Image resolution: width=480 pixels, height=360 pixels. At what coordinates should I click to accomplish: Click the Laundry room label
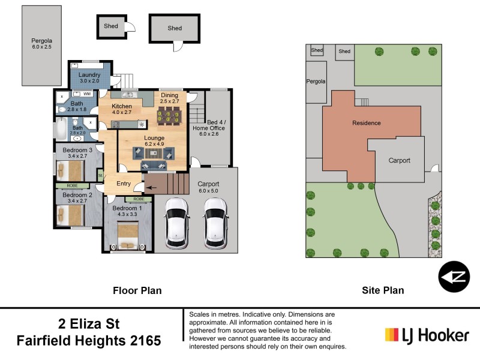click(89, 75)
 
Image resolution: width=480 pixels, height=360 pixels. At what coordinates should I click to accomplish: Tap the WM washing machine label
click(87, 94)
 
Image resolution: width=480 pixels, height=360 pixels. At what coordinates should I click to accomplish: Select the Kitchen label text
click(122, 106)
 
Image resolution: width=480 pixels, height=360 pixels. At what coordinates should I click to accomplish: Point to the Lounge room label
click(154, 138)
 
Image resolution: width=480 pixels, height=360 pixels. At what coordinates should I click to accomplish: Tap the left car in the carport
click(177, 223)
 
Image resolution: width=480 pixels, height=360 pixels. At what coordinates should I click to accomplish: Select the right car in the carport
click(215, 223)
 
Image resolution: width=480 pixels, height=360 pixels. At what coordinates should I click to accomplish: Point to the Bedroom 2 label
click(77, 195)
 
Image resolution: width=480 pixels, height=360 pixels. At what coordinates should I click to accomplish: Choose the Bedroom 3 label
click(77, 149)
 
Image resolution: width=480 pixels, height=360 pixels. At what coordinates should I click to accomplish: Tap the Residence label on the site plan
click(366, 123)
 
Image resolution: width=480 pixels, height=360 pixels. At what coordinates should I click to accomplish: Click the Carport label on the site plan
click(400, 160)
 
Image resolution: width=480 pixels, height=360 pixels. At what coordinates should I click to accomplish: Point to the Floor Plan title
click(137, 290)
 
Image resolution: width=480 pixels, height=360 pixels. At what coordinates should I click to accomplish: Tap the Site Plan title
click(383, 290)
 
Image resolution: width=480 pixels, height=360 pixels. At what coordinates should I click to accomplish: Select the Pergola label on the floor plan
click(42, 42)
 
